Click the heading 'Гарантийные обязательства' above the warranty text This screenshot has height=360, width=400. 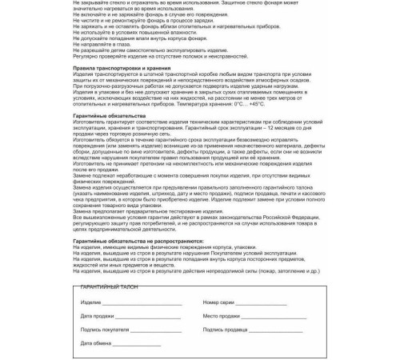[103, 114]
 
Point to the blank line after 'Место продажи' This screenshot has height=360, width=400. [280, 317]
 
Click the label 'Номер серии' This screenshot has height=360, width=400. [218, 304]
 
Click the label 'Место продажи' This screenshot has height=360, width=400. [221, 317]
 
